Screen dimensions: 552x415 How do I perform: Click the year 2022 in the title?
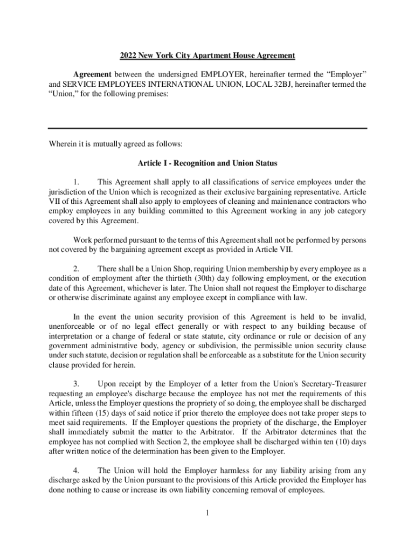pyautogui.click(x=128, y=56)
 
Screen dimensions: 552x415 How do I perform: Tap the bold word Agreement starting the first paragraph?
pyautogui.click(x=92, y=73)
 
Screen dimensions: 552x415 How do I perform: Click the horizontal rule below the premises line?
pyautogui.click(x=207, y=128)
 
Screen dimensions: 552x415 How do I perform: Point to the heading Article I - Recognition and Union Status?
pyautogui.click(x=207, y=163)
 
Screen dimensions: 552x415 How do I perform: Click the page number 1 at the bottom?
pyautogui.click(x=207, y=513)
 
